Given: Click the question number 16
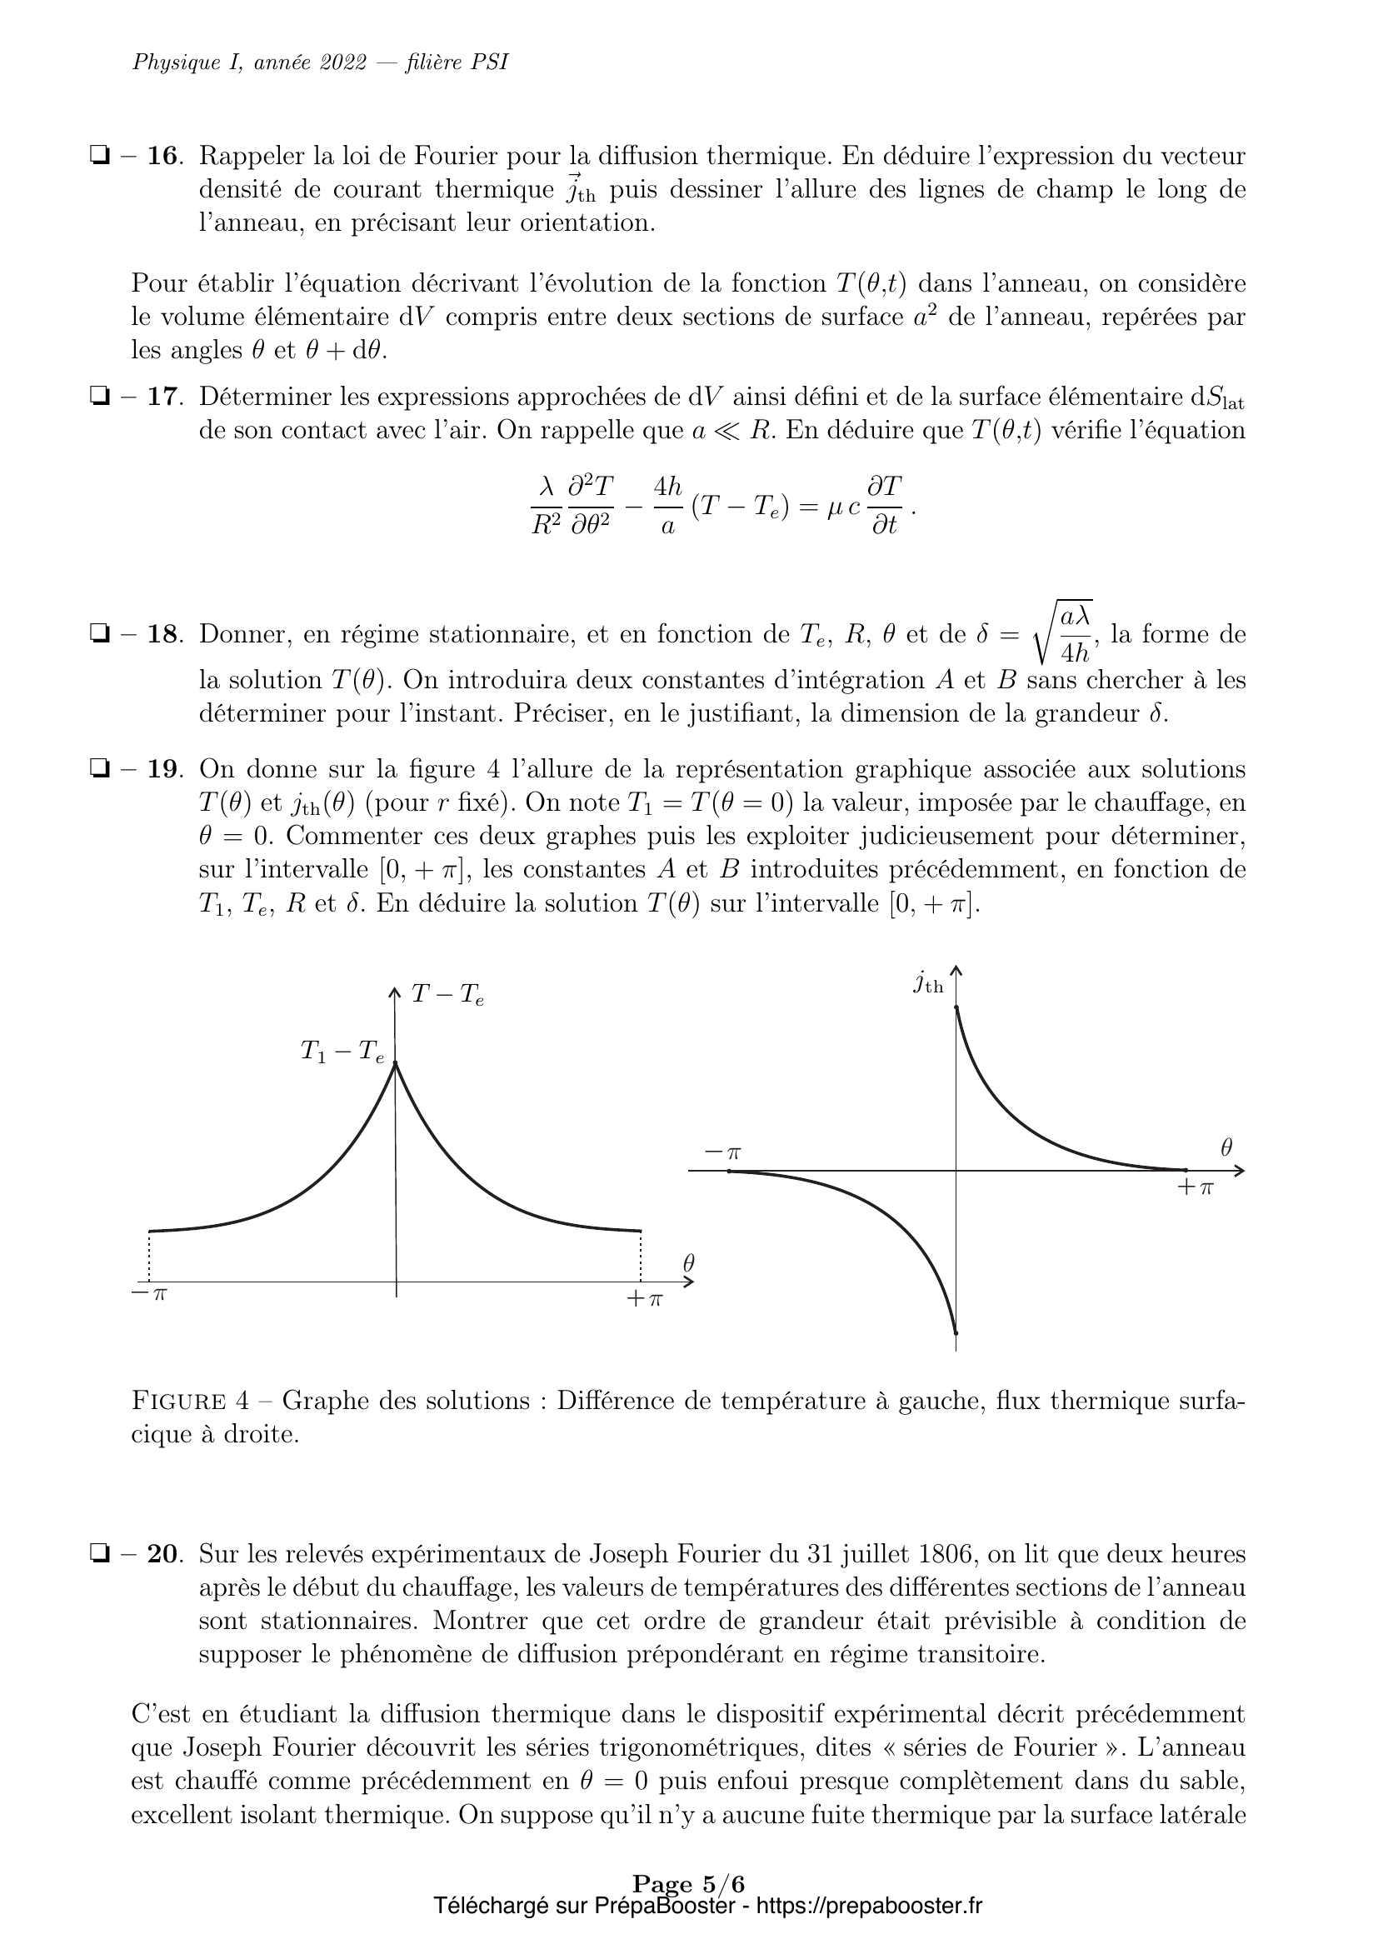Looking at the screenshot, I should pos(164,156).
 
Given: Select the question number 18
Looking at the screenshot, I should pos(164,634).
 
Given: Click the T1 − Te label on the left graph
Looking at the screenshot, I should pos(342,1052).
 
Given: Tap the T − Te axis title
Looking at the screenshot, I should pos(447,995).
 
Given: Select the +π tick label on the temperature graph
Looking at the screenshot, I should pos(644,1299).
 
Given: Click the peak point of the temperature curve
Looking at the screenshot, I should pos(396,1063).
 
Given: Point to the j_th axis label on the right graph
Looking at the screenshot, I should pos(928,983).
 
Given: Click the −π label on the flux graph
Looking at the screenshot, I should pos(723,1152).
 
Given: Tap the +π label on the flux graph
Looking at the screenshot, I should pos(1196,1187).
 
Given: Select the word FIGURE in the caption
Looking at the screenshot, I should pos(178,1401).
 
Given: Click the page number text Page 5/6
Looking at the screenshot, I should pos(688,1885).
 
